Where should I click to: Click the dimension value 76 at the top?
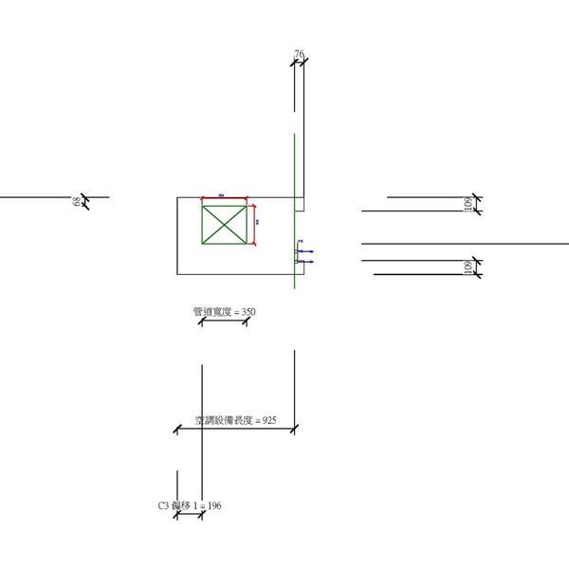(x=299, y=56)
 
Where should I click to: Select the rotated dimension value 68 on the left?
(x=75, y=201)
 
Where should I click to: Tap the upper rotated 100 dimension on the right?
(x=468, y=205)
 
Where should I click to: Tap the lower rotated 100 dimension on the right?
(x=468, y=267)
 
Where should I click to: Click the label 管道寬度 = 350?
(x=224, y=311)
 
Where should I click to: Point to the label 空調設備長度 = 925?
(x=235, y=419)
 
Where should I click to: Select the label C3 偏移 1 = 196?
(x=190, y=506)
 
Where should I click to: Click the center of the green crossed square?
(x=225, y=227)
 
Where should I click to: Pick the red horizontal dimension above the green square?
(x=225, y=198)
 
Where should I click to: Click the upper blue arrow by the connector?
(x=306, y=251)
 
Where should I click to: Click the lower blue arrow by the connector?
(x=306, y=260)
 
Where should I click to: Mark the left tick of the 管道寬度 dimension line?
(x=202, y=322)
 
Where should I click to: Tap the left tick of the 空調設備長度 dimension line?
(x=177, y=431)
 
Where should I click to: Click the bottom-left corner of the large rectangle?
(x=177, y=275)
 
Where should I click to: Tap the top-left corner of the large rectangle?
(x=177, y=197)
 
